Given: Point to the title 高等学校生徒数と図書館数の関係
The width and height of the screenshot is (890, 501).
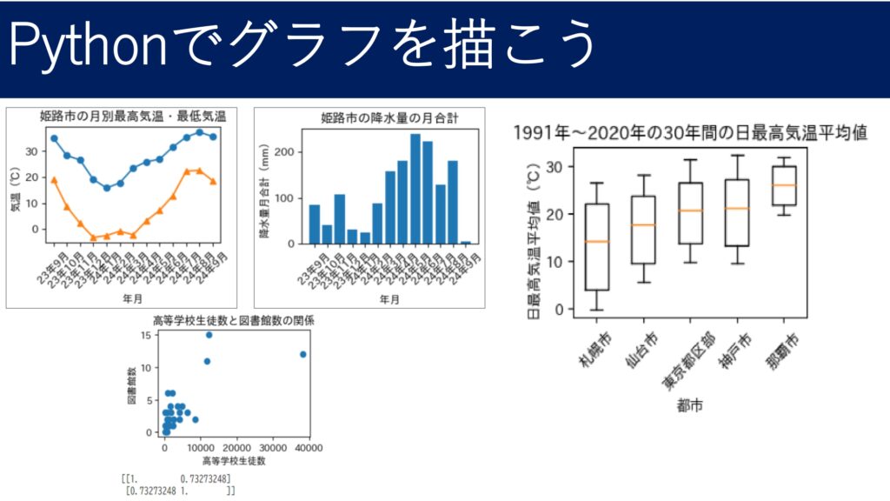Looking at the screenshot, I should [x=234, y=321].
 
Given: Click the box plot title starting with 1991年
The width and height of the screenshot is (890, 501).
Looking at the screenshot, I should [x=691, y=133].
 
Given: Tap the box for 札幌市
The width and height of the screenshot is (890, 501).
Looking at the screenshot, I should [x=597, y=246].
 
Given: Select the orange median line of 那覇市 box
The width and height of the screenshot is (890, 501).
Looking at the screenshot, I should [x=784, y=185].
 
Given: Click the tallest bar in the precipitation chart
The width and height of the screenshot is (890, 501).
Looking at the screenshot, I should [x=415, y=189].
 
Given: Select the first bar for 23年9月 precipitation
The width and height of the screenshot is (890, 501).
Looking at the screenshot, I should [x=315, y=224].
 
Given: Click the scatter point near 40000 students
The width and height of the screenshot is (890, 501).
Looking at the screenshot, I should [x=302, y=354].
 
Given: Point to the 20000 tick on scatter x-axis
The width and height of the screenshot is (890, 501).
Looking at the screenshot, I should [x=237, y=447].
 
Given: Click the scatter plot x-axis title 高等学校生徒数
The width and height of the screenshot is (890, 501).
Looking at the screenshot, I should [x=233, y=460].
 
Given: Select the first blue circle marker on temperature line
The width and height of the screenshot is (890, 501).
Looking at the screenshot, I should [x=54, y=138].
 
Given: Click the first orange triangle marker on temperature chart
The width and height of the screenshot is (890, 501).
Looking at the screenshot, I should [x=54, y=180].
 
